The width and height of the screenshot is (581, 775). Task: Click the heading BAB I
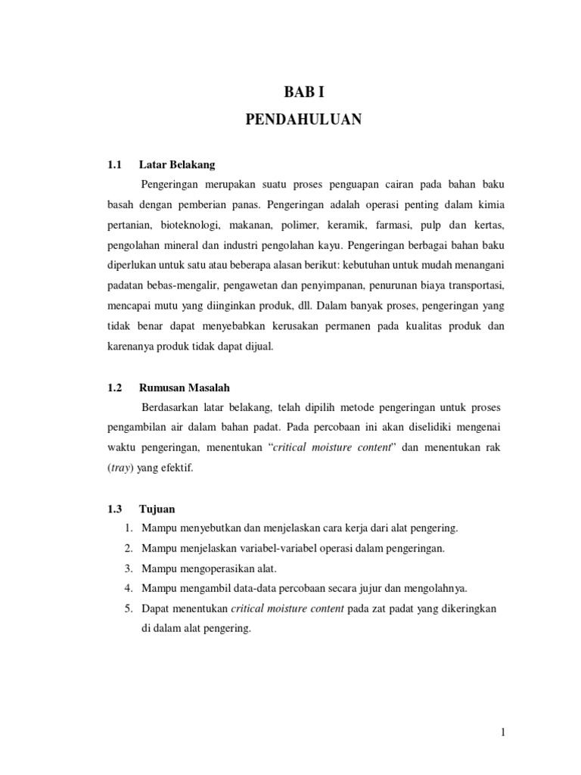tap(303, 92)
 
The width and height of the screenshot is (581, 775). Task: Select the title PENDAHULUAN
tap(303, 120)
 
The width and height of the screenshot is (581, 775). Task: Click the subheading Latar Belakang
tap(177, 164)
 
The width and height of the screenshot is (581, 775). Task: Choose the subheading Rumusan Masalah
tap(185, 387)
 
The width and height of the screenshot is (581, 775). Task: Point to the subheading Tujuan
tap(157, 509)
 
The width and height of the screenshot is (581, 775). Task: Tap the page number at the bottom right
tap(502, 732)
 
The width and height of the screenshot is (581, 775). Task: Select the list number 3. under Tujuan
tap(129, 568)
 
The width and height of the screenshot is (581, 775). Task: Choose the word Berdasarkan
tap(172, 407)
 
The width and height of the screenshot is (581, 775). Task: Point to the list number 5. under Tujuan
tap(129, 608)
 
